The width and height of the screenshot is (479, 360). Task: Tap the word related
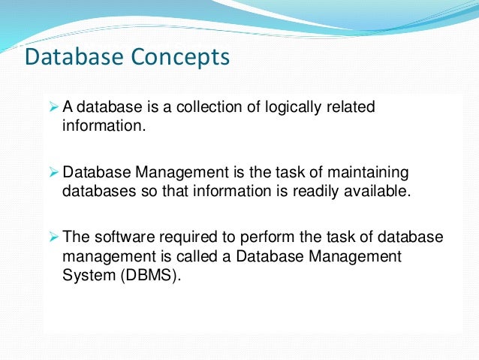(351, 107)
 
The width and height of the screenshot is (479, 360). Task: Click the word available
(381, 190)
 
